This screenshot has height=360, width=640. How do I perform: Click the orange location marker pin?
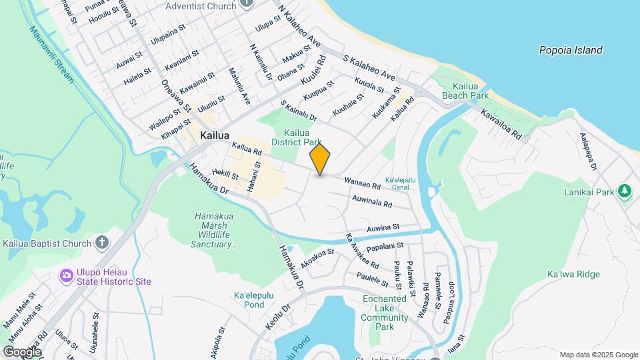[320, 159]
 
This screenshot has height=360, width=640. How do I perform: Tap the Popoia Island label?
[571, 50]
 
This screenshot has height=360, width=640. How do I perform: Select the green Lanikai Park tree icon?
[625, 192]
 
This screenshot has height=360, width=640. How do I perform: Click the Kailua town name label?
[215, 135]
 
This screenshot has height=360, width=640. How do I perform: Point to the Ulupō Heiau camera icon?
[66, 275]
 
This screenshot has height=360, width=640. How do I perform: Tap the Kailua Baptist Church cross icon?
[102, 243]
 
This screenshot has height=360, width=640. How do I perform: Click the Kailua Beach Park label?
[470, 91]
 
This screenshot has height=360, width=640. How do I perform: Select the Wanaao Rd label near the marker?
[362, 183]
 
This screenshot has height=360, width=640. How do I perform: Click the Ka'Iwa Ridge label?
[573, 274]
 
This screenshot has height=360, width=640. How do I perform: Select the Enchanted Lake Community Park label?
[385, 313]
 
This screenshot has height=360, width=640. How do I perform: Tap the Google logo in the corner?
[22, 351]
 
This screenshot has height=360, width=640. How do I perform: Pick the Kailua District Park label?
[303, 137]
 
